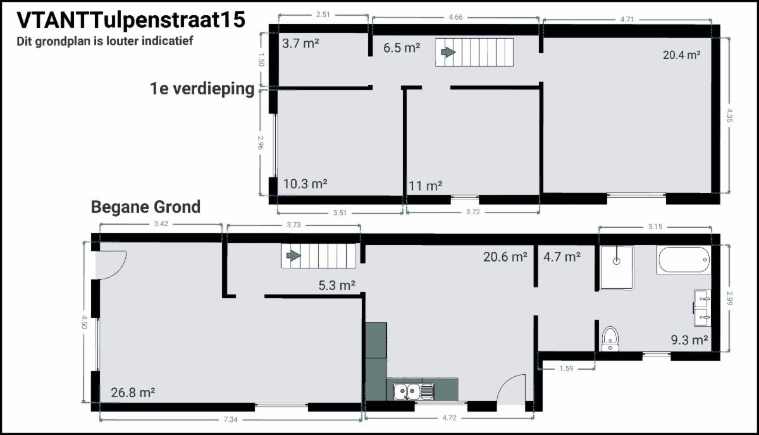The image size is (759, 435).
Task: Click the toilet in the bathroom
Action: (x=610, y=339)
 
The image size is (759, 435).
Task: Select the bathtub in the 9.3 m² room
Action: (x=684, y=260)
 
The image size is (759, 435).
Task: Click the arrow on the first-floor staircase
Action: (x=448, y=53)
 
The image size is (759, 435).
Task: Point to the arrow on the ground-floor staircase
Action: (x=293, y=256)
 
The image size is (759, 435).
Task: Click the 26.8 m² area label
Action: (x=133, y=393)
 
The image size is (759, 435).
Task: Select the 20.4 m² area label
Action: (x=681, y=54)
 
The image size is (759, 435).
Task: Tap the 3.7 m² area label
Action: (x=300, y=44)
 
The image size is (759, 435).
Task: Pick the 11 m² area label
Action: (x=425, y=186)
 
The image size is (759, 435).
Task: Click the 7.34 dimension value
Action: (x=230, y=419)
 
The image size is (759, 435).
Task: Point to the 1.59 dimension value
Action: (x=566, y=369)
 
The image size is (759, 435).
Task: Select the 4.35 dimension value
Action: (x=729, y=115)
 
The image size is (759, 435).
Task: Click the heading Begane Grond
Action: (x=145, y=207)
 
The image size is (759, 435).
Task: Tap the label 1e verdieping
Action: (x=202, y=89)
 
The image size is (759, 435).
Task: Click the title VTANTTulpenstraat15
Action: (x=131, y=20)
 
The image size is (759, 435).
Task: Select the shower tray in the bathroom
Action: (x=617, y=268)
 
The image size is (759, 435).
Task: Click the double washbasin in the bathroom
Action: (x=703, y=308)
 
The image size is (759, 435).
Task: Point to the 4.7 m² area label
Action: (x=562, y=257)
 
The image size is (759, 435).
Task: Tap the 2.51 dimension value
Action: (x=323, y=15)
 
